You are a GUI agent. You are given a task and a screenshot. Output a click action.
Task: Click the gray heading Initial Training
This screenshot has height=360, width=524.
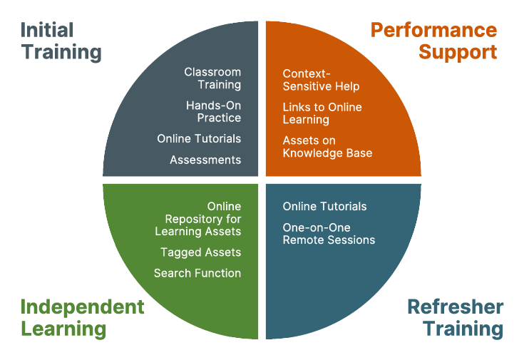point(61,41)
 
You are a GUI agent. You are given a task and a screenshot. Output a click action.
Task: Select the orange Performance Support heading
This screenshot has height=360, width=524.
point(433,41)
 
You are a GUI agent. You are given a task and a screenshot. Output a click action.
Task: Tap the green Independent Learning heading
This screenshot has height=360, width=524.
point(82,318)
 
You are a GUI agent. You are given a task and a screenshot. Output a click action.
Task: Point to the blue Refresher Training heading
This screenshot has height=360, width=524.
point(455,318)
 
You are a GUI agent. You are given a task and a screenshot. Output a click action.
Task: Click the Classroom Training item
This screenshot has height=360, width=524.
point(212,78)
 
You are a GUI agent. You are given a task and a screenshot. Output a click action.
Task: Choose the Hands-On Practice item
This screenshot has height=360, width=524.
point(213,111)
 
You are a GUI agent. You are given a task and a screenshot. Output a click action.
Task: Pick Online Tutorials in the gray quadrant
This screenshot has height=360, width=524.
point(199,138)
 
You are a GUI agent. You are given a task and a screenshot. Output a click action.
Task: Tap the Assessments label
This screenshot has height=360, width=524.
point(205,160)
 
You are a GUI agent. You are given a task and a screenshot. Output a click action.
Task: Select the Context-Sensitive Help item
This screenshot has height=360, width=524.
point(321,80)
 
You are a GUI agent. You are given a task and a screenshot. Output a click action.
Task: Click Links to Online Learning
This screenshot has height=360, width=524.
point(322,113)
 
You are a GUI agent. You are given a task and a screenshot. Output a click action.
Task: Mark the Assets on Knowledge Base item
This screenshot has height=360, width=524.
point(327,147)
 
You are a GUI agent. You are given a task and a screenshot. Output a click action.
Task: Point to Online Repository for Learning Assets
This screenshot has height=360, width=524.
point(198,219)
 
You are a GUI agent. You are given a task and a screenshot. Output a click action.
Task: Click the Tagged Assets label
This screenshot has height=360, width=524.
point(200,252)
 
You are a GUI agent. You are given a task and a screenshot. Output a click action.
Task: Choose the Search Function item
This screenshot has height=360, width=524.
point(197,273)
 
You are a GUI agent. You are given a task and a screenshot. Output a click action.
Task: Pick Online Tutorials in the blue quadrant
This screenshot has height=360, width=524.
point(324,207)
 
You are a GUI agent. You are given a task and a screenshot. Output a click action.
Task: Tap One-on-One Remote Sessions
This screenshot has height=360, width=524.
point(329,234)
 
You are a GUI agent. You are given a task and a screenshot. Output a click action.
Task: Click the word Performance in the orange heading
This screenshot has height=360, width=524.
point(433,31)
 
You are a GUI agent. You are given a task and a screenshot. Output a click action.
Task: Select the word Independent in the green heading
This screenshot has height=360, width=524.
point(82,307)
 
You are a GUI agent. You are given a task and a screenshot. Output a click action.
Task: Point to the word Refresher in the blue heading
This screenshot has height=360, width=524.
point(455,307)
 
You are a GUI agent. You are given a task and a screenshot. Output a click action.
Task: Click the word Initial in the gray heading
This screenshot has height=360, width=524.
point(47,31)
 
